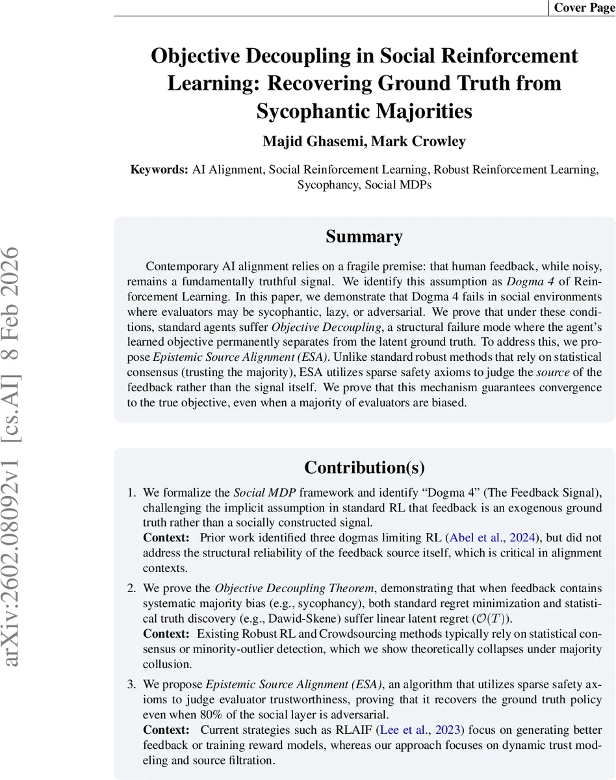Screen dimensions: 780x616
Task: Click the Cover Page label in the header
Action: pyautogui.click(x=584, y=8)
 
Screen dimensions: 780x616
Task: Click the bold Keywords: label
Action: pyautogui.click(x=159, y=170)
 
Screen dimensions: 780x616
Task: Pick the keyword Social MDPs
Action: pyautogui.click(x=398, y=184)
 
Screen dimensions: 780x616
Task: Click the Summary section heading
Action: pyautogui.click(x=364, y=237)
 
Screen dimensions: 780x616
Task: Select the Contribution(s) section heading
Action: pyautogui.click(x=364, y=467)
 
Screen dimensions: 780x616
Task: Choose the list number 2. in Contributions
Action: pyautogui.click(x=131, y=588)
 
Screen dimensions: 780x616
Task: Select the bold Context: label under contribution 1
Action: pyautogui.click(x=166, y=538)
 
